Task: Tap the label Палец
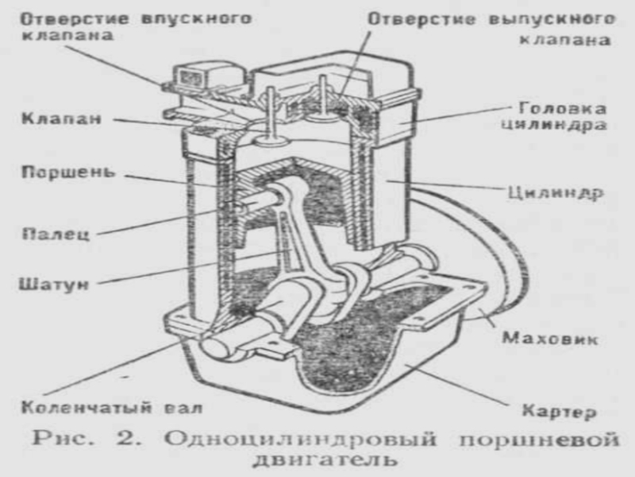[51, 234]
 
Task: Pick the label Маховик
[550, 339]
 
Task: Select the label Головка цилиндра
[560, 116]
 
